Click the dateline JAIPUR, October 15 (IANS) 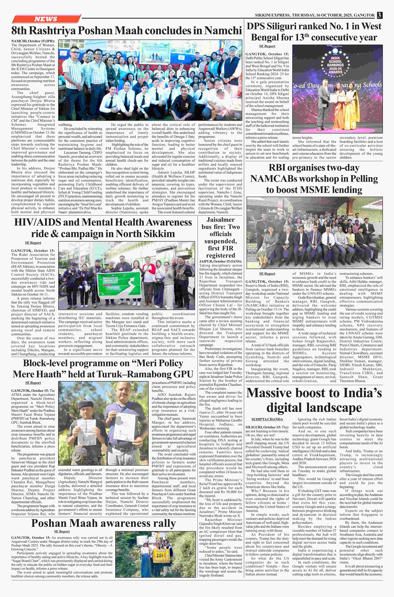[x=220, y=261]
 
